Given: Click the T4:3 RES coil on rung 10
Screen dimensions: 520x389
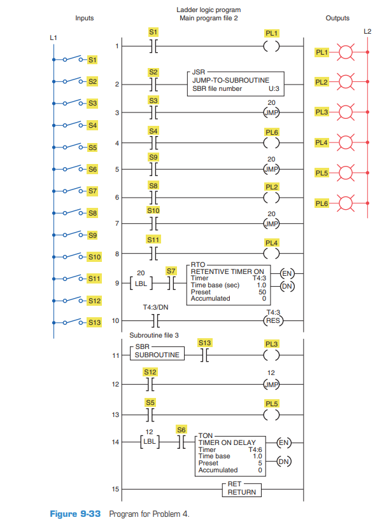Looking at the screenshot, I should pos(271,320).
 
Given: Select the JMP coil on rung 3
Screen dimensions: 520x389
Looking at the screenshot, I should pos(271,113).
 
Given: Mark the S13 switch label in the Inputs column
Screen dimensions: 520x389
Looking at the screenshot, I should pos(94,322).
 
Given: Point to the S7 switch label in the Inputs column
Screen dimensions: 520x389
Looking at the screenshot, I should pos(92,191).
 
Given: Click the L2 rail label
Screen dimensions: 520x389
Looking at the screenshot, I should pos(367,31).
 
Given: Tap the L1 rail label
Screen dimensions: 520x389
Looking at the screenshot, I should pos(53,38).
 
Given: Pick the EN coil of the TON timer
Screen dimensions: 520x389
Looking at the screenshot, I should pos(285,439).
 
